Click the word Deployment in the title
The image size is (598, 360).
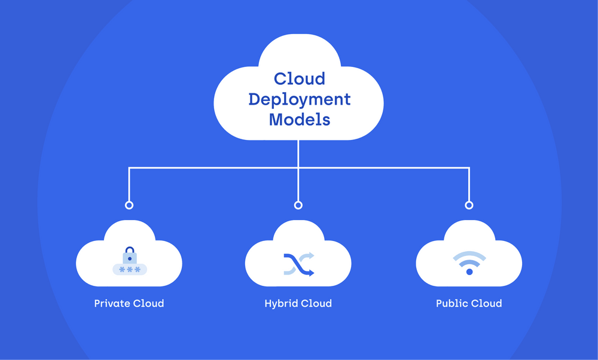[299, 99]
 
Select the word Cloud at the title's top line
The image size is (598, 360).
[299, 78]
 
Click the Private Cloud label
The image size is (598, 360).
[129, 303]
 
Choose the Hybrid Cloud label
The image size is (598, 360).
[298, 303]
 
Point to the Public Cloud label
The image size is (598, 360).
[469, 303]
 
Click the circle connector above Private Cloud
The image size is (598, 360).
[129, 205]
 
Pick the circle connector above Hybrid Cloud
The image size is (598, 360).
[298, 205]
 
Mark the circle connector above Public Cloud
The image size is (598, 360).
[469, 205]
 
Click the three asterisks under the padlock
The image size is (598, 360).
[129, 270]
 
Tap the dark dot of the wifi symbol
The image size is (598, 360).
[469, 272]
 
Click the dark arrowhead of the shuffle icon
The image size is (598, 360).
[311, 272]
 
